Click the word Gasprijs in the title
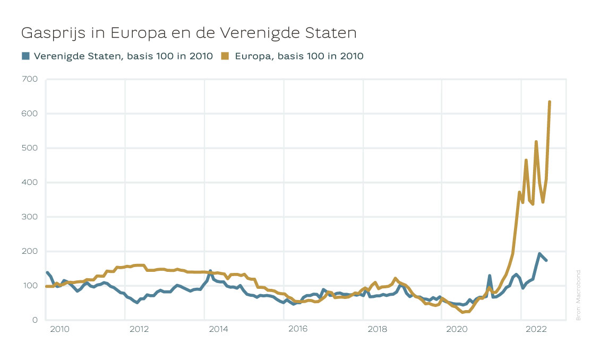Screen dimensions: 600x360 (x=53, y=33)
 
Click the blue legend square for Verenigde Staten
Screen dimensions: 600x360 (x=25, y=56)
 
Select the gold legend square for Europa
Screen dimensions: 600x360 (x=225, y=56)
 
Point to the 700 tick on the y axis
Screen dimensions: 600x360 (x=30, y=79)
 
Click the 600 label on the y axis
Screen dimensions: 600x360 (x=30, y=114)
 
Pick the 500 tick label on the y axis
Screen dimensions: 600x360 (x=30, y=148)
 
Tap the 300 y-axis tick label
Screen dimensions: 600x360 (x=30, y=217)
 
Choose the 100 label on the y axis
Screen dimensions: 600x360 (x=30, y=286)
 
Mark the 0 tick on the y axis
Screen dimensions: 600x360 (x=35, y=320)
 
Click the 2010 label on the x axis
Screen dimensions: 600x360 (x=59, y=329)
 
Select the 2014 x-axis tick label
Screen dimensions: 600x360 (x=218, y=329)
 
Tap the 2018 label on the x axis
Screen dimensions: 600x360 (x=378, y=329)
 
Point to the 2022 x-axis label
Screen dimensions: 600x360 (x=536, y=329)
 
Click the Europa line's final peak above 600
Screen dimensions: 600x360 (x=550, y=102)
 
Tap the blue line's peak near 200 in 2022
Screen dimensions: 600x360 (x=539, y=254)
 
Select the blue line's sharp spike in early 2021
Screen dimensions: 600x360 (x=490, y=276)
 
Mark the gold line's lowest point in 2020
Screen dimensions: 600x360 (x=463, y=312)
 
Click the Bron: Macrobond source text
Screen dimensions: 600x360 (x=578, y=295)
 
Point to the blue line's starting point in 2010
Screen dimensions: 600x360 (x=47, y=272)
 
